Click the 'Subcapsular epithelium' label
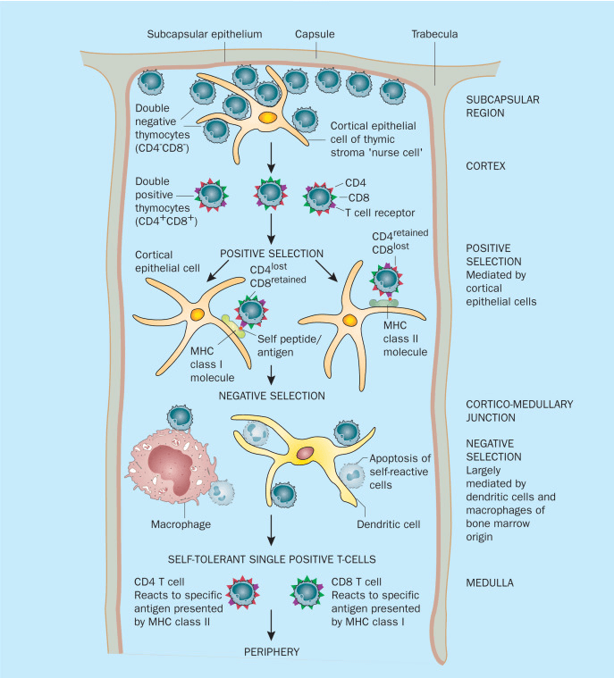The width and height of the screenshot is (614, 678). pyautogui.click(x=204, y=34)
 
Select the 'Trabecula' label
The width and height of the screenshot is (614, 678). pyautogui.click(x=435, y=34)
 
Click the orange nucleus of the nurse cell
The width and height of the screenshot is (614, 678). pyautogui.click(x=267, y=118)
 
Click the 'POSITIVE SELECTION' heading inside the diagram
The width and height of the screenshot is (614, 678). pyautogui.click(x=269, y=253)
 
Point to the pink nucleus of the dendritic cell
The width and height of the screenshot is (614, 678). pyautogui.click(x=305, y=453)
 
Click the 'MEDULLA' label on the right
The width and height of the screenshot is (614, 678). pyautogui.click(x=491, y=585)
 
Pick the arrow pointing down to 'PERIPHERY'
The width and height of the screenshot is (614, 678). pyautogui.click(x=269, y=623)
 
